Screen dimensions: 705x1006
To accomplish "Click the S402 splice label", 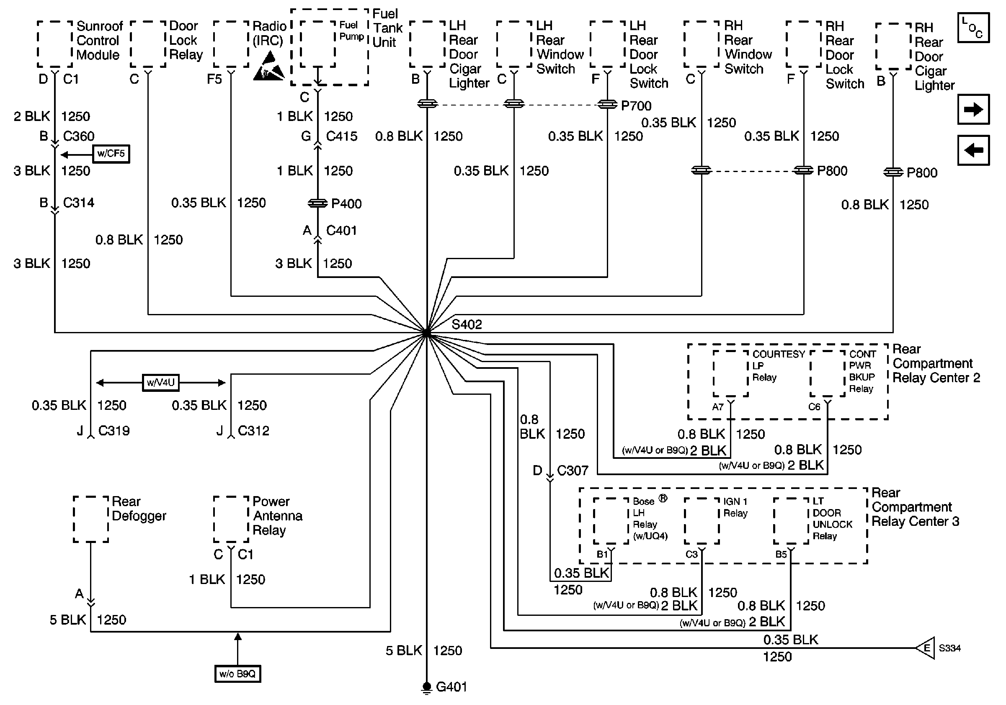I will (467, 324).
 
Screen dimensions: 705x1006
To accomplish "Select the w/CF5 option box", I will (111, 154).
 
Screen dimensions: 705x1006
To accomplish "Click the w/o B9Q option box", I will (237, 674).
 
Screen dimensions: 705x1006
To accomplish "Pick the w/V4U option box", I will (161, 382).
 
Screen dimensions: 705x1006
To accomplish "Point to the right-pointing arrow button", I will (973, 109).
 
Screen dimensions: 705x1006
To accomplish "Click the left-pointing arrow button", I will (973, 151).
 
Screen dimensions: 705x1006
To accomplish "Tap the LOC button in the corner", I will (973, 28).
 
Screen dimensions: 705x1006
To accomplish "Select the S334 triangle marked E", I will (926, 648).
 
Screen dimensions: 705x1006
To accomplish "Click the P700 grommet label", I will (636, 105).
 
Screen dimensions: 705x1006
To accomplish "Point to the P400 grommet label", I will (346, 203).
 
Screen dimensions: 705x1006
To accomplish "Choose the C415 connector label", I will (341, 136).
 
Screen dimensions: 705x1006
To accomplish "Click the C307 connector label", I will (572, 470).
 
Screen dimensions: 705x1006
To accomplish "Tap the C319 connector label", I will (114, 430).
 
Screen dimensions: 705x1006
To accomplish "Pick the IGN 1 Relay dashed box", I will (702, 521).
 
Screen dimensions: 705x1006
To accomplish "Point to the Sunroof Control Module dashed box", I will (55, 44).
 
